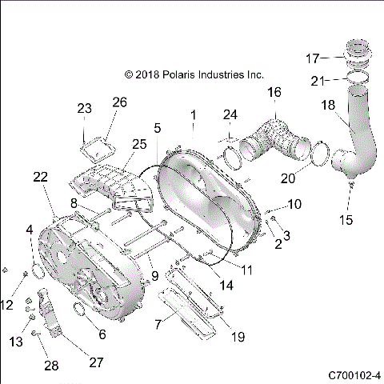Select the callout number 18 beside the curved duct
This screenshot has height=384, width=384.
pyautogui.click(x=329, y=104)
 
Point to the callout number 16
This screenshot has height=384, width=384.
pyautogui.click(x=274, y=93)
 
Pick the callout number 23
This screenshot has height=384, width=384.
pyautogui.click(x=85, y=108)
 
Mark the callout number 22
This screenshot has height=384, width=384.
pyautogui.click(x=41, y=178)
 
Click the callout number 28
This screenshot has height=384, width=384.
pyautogui.click(x=51, y=366)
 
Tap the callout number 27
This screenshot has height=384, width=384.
pyautogui.click(x=96, y=362)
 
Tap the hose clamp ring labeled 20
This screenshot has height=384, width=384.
pyautogui.click(x=318, y=156)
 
